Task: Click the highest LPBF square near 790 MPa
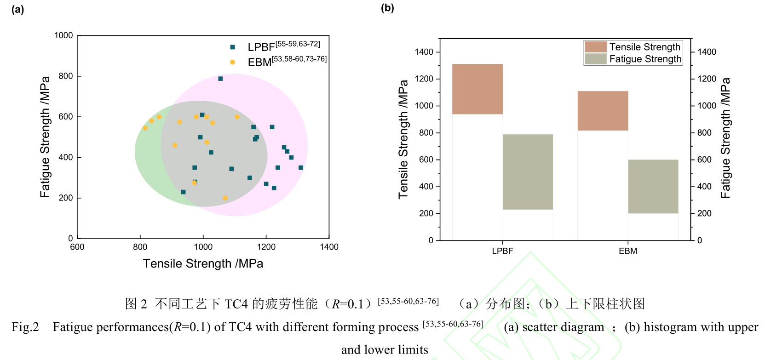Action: click(220, 79)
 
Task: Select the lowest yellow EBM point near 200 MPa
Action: click(225, 198)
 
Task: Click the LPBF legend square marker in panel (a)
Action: click(233, 47)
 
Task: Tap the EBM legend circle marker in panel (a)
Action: click(233, 62)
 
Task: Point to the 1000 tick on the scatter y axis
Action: click(63, 35)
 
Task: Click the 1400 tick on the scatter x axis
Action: click(329, 247)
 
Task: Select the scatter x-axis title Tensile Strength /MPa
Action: click(203, 263)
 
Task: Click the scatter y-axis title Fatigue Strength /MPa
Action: click(45, 137)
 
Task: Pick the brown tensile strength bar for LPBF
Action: click(477, 89)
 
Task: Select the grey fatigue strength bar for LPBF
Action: click(528, 171)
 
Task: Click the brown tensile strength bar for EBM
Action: click(603, 111)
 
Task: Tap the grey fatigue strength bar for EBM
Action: click(653, 186)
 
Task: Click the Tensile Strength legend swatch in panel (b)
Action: click(596, 47)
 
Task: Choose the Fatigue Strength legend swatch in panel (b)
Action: click(596, 59)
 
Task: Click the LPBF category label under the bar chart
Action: click(502, 251)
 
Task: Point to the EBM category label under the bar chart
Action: click(628, 251)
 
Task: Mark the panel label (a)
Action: click(18, 9)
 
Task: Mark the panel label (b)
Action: click(387, 8)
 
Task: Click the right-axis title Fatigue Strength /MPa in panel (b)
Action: click(725, 138)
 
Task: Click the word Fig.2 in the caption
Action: click(25, 327)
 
